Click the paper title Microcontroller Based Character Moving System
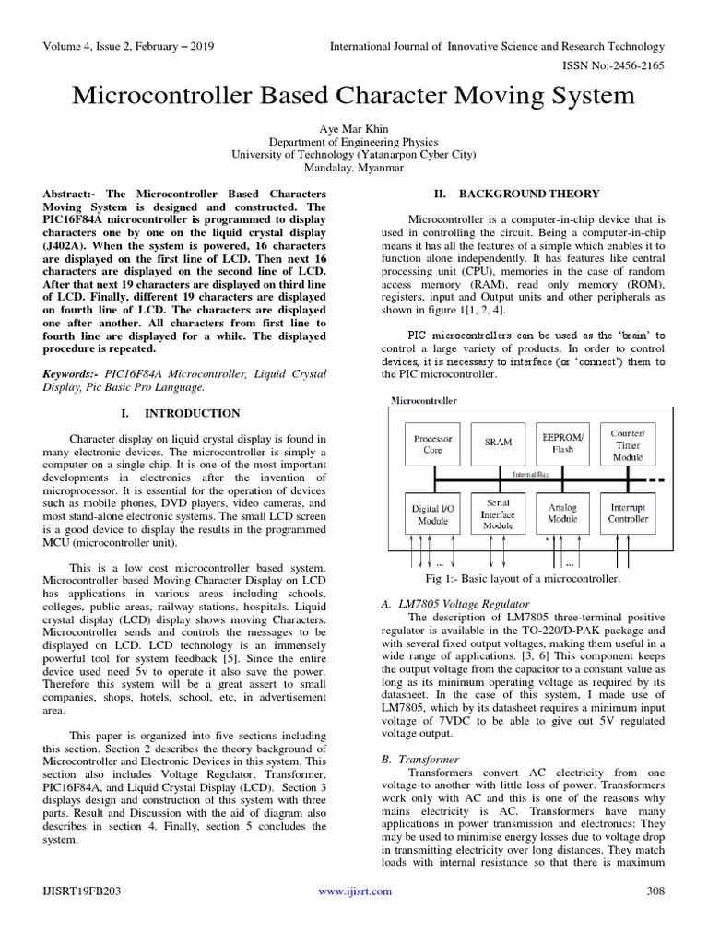(354, 96)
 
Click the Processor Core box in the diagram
(432, 444)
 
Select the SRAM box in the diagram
(498, 442)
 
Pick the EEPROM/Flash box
(562, 443)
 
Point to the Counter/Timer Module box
(628, 443)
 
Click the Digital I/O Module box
(432, 513)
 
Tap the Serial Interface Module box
(498, 513)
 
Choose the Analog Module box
(562, 513)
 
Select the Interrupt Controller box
(628, 513)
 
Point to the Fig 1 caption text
(522, 578)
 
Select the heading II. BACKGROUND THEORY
(516, 194)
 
